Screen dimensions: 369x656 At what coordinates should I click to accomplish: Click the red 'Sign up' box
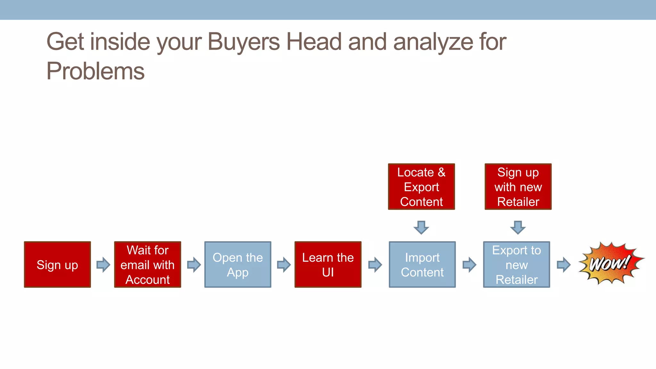pyautogui.click(x=57, y=265)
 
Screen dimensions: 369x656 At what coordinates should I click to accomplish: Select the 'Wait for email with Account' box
pyautogui.click(x=148, y=265)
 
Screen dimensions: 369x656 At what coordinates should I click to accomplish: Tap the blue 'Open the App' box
pyautogui.click(x=238, y=265)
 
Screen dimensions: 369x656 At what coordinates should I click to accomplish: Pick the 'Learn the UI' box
pyautogui.click(x=328, y=265)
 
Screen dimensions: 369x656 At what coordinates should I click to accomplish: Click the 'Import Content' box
pyautogui.click(x=422, y=265)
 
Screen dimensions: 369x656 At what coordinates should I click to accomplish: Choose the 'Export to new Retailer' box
pyautogui.click(x=516, y=265)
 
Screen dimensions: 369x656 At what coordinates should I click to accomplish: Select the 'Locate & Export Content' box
pyautogui.click(x=421, y=187)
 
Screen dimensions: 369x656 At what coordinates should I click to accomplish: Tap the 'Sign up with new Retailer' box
pyautogui.click(x=518, y=187)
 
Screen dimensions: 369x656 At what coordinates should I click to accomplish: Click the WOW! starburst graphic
pyautogui.click(x=610, y=263)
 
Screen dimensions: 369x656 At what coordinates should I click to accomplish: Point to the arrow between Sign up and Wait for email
pyautogui.click(x=103, y=265)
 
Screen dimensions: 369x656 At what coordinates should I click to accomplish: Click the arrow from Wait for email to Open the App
pyautogui.click(x=194, y=265)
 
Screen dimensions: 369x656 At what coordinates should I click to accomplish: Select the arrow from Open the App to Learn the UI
pyautogui.click(x=284, y=265)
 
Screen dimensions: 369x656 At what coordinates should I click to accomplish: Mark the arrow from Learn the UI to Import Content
pyautogui.click(x=375, y=265)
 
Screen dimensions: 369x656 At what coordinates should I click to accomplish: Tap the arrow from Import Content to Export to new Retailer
pyautogui.click(x=469, y=265)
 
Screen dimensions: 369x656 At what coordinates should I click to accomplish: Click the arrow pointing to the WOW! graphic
pyautogui.click(x=563, y=265)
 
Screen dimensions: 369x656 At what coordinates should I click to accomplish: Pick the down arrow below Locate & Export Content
pyautogui.click(x=421, y=227)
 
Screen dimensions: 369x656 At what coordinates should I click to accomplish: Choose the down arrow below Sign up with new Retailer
pyautogui.click(x=518, y=227)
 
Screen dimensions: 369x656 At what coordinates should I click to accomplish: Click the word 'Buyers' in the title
pyautogui.click(x=243, y=42)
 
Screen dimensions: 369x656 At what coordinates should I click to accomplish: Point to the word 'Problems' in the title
pyautogui.click(x=95, y=71)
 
